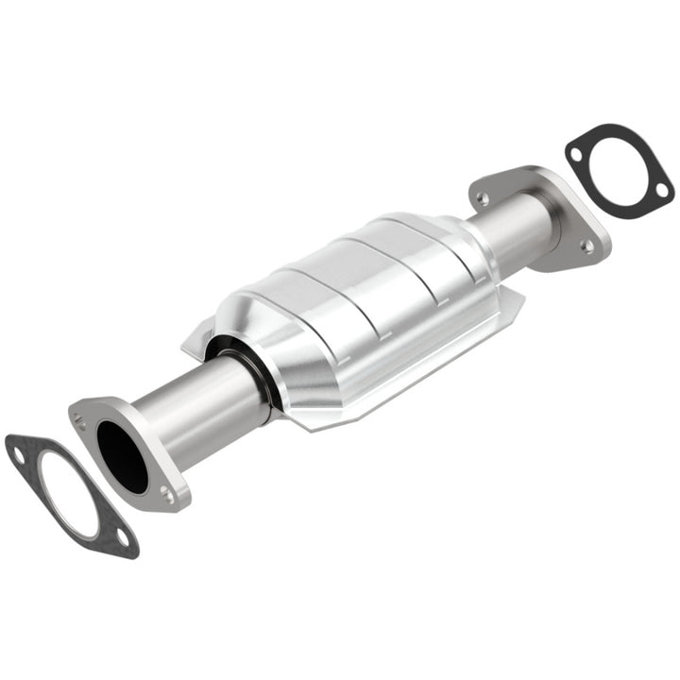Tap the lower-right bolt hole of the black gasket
pos(661,190)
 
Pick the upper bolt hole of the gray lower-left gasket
pos(19,457)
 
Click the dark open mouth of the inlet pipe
pos(121,457)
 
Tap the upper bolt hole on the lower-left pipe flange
pos(80,421)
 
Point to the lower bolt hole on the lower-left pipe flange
pos(167,493)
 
